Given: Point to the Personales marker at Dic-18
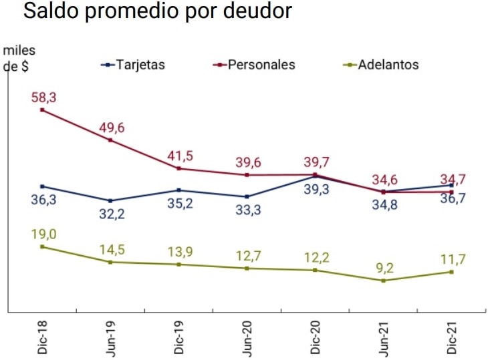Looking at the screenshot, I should pos(42,110).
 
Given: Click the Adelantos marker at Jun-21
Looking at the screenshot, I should pos(383,281).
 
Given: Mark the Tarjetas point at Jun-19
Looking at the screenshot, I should pos(110,200).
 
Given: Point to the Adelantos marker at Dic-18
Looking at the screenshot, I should pos(42,246).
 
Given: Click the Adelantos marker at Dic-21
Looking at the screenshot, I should pos(452,272).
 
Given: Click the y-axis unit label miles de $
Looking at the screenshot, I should pos(19,59).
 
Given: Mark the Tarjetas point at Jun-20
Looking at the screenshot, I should pos(247,196).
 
